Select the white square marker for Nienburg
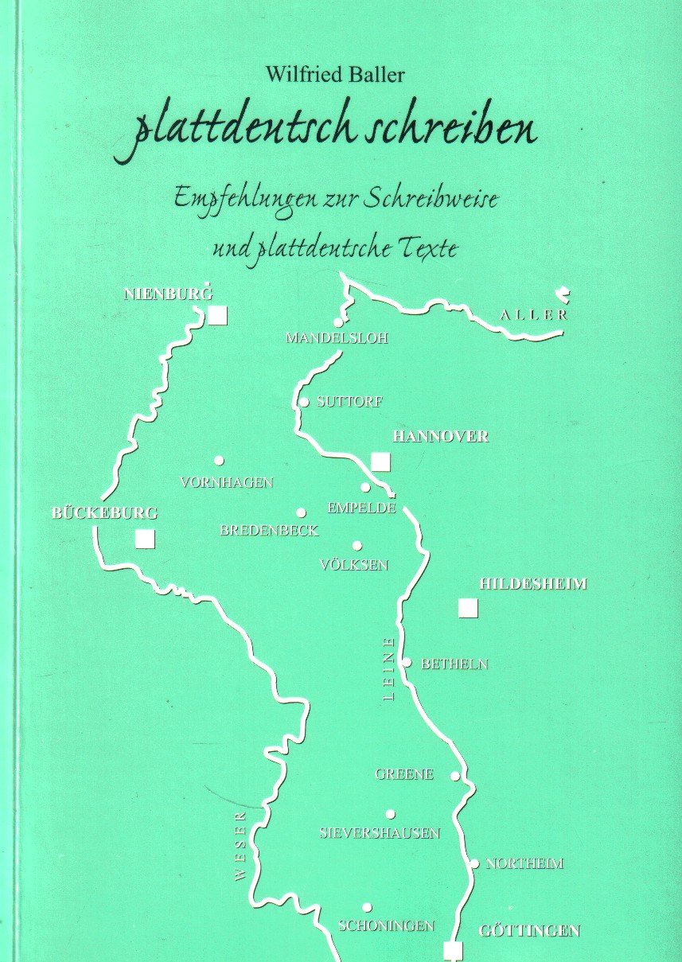click(x=218, y=316)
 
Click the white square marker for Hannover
click(x=381, y=462)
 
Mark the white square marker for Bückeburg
click(x=145, y=539)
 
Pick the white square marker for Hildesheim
click(x=468, y=609)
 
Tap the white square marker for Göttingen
click(x=453, y=950)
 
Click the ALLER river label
click(x=534, y=315)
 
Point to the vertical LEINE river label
click(x=388, y=668)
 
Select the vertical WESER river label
click(x=242, y=845)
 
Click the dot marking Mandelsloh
click(x=338, y=322)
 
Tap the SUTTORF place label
click(x=349, y=403)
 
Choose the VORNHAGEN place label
click(x=227, y=482)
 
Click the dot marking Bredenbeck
click(x=301, y=513)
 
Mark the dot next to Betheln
click(x=407, y=662)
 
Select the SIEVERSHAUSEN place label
click(x=380, y=833)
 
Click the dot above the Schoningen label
click(x=367, y=907)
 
